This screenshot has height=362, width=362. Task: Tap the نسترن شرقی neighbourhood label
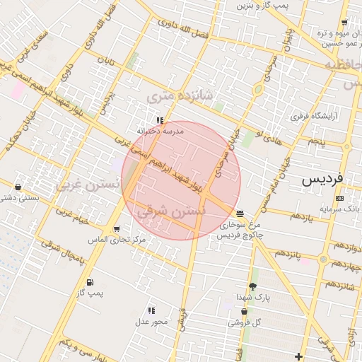click(171, 209)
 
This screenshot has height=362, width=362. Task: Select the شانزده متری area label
click(170, 94)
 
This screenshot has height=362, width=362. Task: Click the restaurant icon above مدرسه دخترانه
click(160, 121)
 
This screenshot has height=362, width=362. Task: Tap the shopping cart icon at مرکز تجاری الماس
click(116, 229)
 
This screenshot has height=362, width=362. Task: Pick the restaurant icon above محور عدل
click(151, 310)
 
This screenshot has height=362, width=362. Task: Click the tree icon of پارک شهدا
click(252, 286)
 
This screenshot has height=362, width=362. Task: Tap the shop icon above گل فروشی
click(245, 311)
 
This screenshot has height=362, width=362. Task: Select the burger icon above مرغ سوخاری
click(240, 212)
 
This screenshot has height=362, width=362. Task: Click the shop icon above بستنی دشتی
click(18, 187)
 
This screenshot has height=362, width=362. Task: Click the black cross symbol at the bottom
click(299, 356)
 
